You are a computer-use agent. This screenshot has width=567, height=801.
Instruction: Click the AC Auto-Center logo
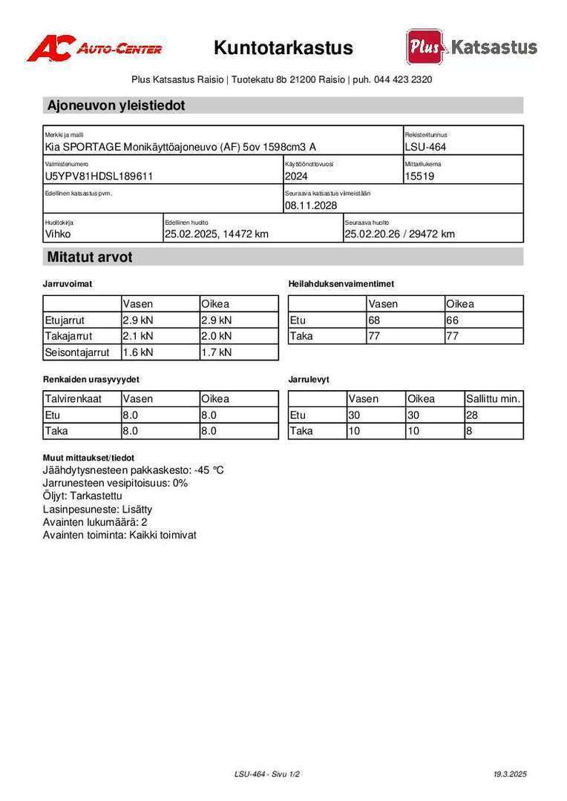(94, 49)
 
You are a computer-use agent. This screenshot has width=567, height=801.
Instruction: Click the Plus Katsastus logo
(471, 47)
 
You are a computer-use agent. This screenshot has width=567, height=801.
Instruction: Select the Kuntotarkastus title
(283, 48)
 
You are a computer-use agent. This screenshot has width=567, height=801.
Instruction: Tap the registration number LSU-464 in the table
(425, 147)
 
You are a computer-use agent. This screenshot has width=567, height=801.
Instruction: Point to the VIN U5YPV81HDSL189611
(100, 177)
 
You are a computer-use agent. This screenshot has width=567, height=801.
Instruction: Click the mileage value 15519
(420, 177)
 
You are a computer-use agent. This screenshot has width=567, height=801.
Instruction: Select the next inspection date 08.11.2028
(311, 205)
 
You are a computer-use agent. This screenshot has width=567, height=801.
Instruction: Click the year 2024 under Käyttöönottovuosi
(297, 177)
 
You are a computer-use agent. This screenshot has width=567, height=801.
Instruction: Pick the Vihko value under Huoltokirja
(59, 234)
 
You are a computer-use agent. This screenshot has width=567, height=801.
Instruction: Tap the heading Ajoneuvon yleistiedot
(116, 105)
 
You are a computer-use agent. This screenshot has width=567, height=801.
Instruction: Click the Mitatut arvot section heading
(90, 257)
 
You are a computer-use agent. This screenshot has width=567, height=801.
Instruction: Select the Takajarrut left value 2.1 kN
(138, 336)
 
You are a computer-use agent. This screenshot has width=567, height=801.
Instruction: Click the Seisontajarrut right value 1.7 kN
(217, 352)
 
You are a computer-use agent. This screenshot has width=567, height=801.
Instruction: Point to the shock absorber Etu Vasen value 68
(375, 320)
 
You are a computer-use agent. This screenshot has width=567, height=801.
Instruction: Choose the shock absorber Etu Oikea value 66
(453, 320)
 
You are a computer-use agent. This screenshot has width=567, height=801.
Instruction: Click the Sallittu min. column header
(494, 399)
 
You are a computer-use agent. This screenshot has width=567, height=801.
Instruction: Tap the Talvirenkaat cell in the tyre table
(72, 399)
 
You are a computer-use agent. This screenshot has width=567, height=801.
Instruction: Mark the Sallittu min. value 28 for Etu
(472, 415)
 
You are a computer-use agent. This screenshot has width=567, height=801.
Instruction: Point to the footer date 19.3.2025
(509, 774)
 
